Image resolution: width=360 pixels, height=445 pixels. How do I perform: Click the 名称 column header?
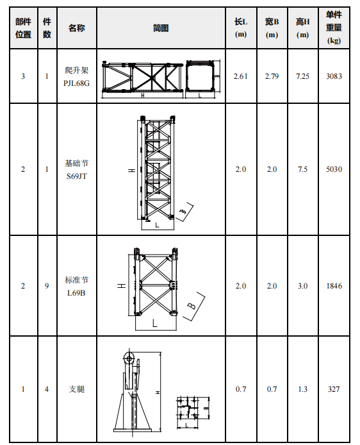click(x=76, y=28)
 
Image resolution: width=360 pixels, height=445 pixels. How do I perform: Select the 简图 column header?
click(x=161, y=28)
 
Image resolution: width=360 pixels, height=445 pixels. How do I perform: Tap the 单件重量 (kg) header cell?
click(x=334, y=28)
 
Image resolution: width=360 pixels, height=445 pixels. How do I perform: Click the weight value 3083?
click(x=334, y=76)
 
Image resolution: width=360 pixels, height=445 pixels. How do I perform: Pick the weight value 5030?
click(x=334, y=169)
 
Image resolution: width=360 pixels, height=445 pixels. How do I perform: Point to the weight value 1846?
click(x=334, y=286)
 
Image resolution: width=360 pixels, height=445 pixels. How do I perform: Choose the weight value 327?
click(x=334, y=389)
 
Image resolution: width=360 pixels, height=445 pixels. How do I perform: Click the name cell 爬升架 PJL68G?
click(x=76, y=77)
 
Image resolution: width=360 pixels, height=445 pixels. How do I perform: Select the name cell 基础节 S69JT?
click(x=76, y=170)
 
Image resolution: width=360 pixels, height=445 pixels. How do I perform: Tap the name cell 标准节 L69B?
click(x=76, y=287)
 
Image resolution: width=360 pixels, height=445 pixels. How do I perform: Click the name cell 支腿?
click(x=76, y=389)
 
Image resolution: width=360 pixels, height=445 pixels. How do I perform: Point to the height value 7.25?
click(x=302, y=76)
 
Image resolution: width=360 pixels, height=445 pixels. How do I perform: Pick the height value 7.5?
click(x=302, y=169)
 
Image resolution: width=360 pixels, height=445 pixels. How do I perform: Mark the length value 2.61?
click(x=241, y=76)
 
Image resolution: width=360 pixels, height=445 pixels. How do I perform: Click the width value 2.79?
click(x=272, y=76)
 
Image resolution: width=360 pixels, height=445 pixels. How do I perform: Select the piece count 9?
click(x=47, y=286)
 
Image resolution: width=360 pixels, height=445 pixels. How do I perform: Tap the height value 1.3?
click(x=302, y=389)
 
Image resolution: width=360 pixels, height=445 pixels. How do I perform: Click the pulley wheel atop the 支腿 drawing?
click(x=129, y=358)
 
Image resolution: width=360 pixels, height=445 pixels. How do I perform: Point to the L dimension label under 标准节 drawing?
click(x=155, y=323)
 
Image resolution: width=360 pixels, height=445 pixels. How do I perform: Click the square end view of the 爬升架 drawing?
click(x=200, y=76)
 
